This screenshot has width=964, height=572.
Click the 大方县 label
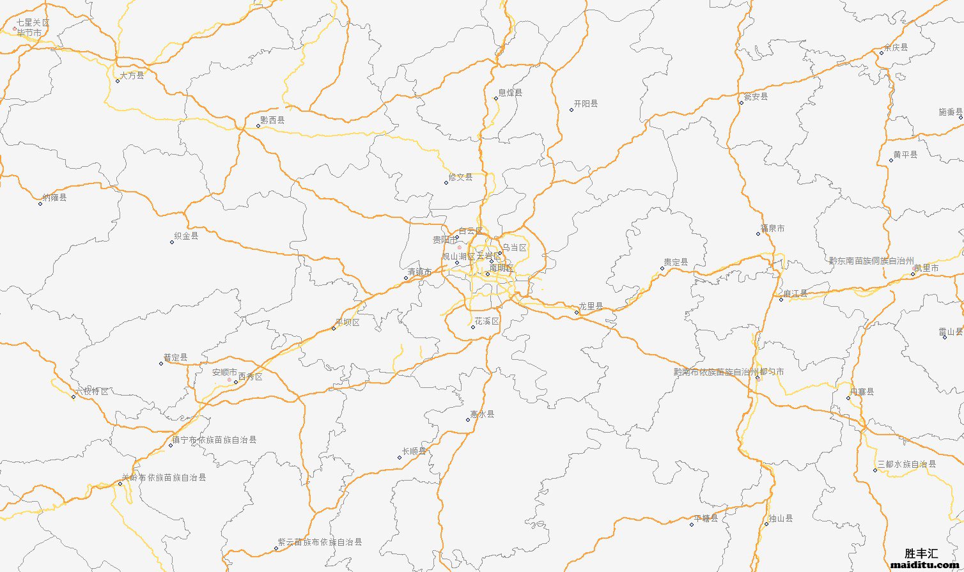[132, 75]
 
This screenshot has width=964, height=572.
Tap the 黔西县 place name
[273, 120]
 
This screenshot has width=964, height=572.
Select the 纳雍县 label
[54, 197]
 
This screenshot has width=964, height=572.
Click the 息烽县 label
[510, 93]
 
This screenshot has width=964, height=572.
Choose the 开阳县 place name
[586, 104]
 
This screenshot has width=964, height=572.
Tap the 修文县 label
[460, 177]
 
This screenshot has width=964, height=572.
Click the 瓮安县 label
[756, 97]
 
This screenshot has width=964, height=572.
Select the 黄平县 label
[905, 155]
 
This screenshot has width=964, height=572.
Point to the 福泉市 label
[772, 228]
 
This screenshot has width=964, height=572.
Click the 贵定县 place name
[676, 262]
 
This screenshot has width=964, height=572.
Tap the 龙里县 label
[591, 307]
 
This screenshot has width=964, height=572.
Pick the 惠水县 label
[483, 414]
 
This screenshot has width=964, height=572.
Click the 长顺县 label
[414, 451]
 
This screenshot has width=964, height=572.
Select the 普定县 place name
[176, 358]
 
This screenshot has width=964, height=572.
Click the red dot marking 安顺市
[229, 380]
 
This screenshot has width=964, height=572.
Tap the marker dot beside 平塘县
[691, 525]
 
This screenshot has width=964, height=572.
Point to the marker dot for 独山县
[766, 525]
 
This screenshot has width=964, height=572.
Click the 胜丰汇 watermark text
[922, 553]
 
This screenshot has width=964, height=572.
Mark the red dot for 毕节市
[15, 28]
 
